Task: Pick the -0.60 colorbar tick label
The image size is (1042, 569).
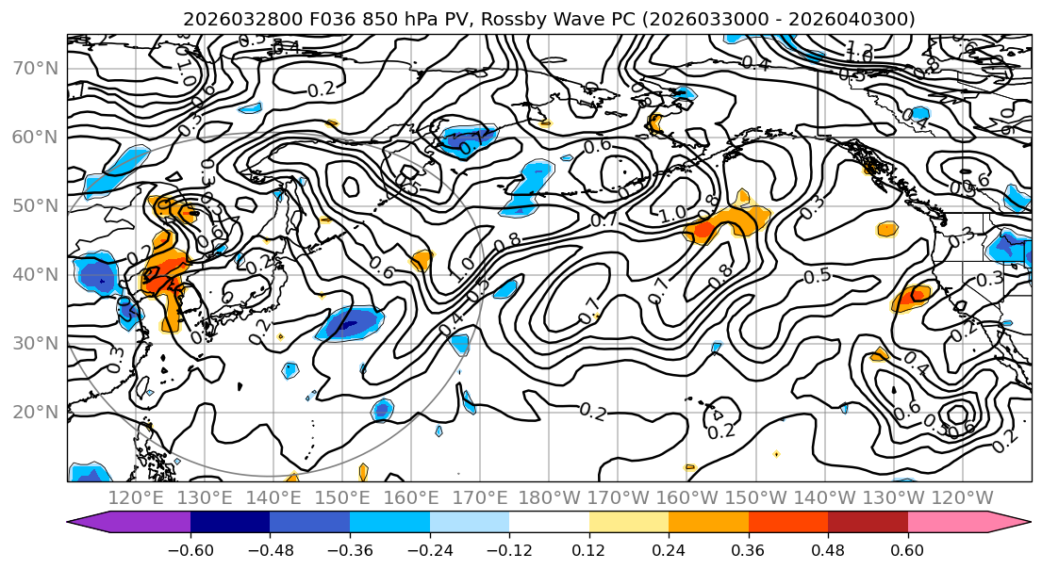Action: (190, 549)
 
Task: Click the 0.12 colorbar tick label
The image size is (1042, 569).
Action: (589, 549)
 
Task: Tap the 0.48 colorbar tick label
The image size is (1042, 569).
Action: (828, 549)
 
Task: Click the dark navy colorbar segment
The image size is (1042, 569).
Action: (230, 523)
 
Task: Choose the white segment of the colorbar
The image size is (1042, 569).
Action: (549, 523)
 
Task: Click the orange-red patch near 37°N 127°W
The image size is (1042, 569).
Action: (913, 298)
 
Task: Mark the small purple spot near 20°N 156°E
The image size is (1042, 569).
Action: (382, 410)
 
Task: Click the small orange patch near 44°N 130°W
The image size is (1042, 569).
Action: (887, 229)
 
